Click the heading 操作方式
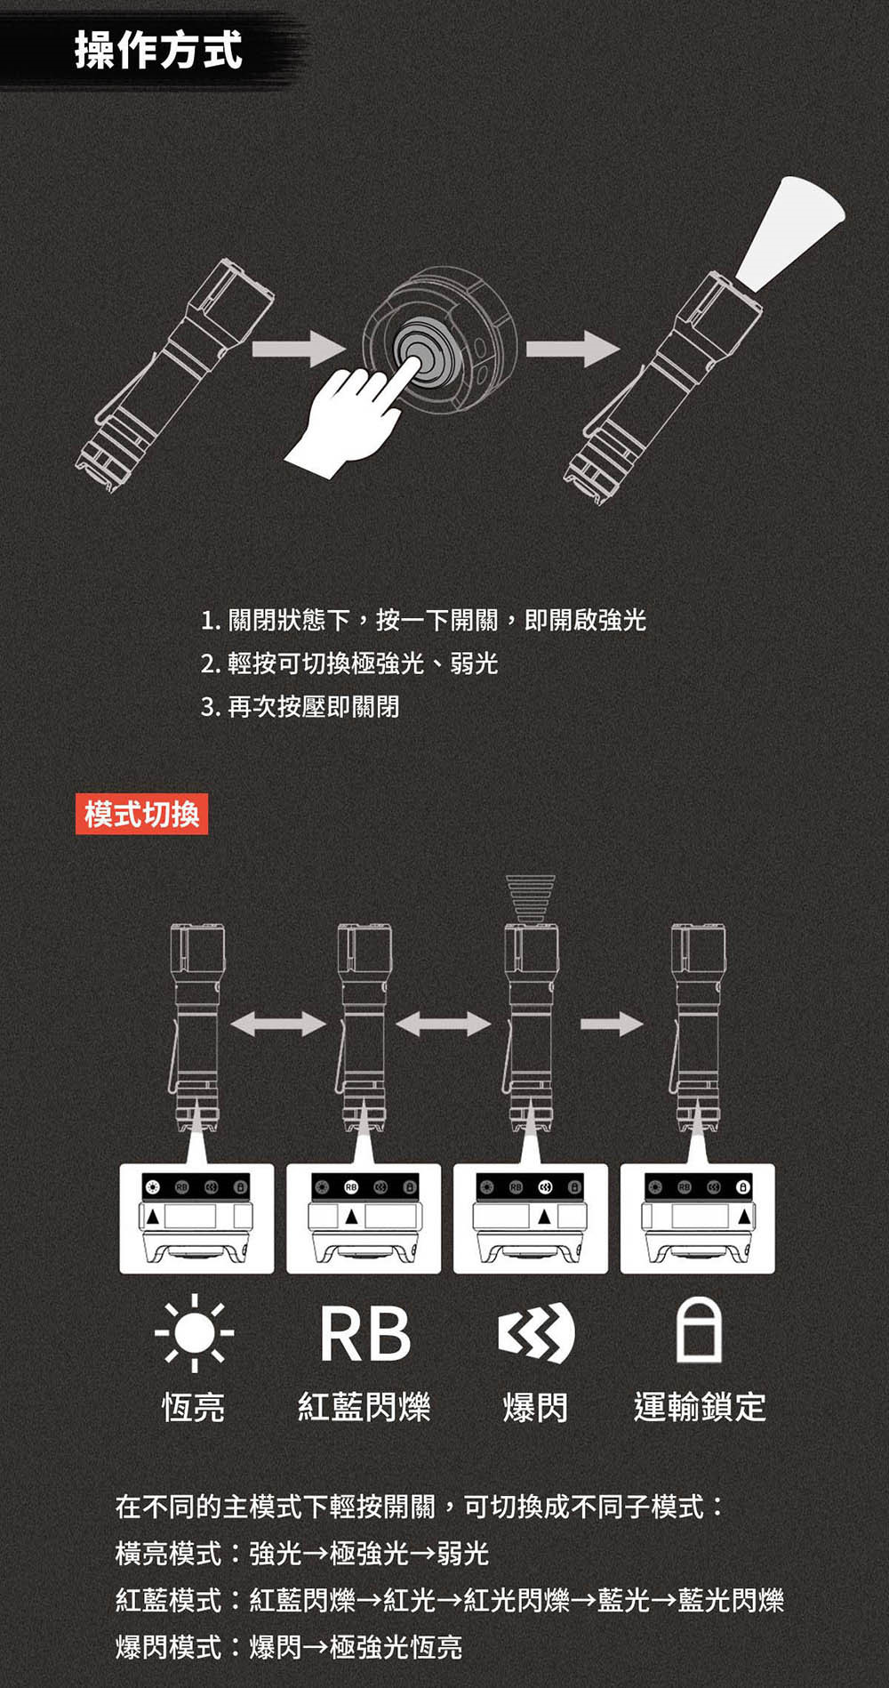[x=158, y=50]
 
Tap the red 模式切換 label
[x=142, y=814]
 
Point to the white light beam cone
[x=789, y=233]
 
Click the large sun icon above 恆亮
[x=195, y=1332]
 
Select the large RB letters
[x=365, y=1334]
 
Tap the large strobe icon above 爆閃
[x=536, y=1332]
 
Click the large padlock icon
[x=700, y=1330]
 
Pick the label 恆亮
[x=194, y=1408]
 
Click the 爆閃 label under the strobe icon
[x=535, y=1408]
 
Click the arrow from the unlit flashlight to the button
[x=298, y=348]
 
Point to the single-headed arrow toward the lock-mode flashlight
[x=612, y=1025]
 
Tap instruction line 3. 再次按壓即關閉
[x=300, y=707]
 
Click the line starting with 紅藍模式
[x=450, y=1600]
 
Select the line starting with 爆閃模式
[x=289, y=1646]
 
